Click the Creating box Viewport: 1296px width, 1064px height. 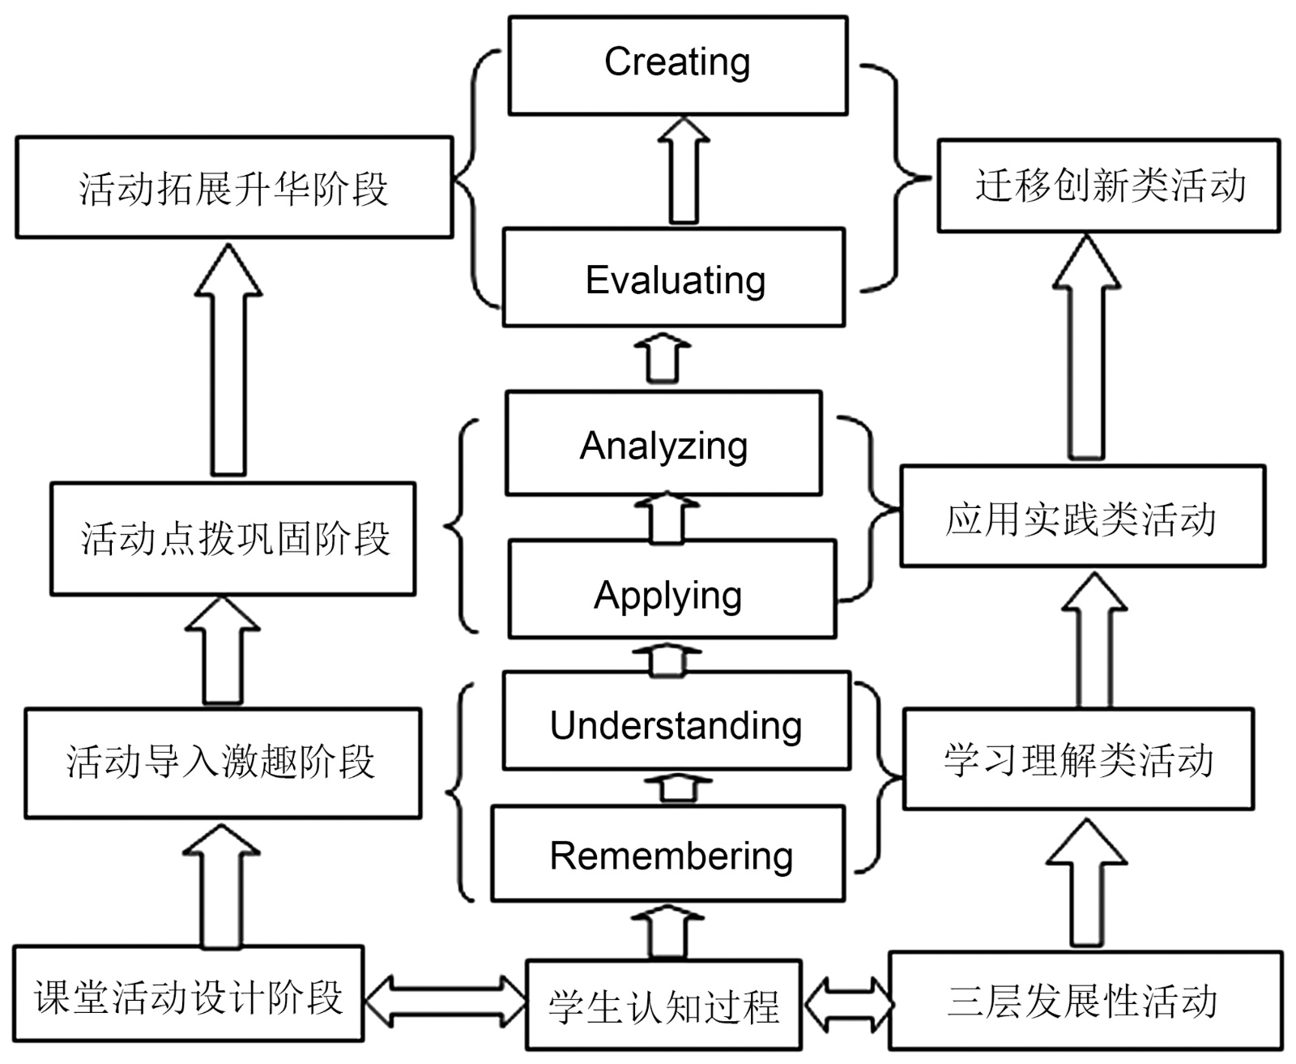[x=678, y=65]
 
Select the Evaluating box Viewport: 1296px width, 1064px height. [x=674, y=278]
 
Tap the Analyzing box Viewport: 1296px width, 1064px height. [x=663, y=443]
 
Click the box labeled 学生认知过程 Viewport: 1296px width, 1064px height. [x=663, y=1005]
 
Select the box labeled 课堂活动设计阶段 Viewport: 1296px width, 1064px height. [x=189, y=993]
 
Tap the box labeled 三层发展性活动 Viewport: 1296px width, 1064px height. [x=1085, y=1000]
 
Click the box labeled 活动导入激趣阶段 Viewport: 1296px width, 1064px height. [x=223, y=763]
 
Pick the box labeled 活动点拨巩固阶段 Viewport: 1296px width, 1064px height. [x=233, y=539]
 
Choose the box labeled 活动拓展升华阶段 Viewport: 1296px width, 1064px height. [x=234, y=187]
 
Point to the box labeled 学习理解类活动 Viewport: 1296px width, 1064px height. [x=1078, y=758]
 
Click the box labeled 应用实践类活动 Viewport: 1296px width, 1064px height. [x=1082, y=516]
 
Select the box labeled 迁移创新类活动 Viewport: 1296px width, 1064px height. [x=1109, y=186]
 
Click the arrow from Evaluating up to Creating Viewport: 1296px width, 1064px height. [x=684, y=171]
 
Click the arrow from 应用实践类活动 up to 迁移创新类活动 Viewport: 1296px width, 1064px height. [x=1086, y=348]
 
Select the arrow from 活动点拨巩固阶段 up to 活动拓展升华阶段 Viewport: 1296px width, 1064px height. [x=228, y=361]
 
